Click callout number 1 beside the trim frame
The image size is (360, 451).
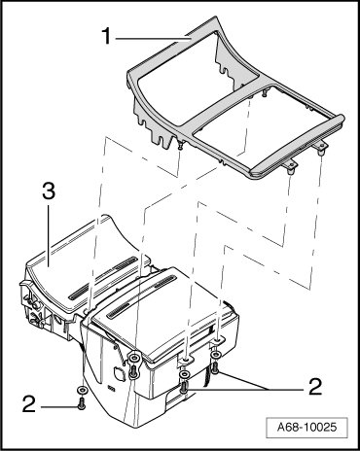coord(107,36)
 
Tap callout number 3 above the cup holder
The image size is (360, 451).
coord(49,191)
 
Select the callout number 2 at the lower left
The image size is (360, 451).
coord(29,404)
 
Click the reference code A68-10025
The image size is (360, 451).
coord(306,427)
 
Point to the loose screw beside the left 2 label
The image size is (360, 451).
coord(81,403)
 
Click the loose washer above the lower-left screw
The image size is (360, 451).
coord(82,390)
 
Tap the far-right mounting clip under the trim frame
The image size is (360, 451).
coord(321,150)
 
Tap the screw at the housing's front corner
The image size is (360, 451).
coord(133,372)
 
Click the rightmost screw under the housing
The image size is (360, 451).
coord(215,367)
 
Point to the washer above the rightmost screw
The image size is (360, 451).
coord(215,356)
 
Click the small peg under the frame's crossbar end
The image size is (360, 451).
coord(180,146)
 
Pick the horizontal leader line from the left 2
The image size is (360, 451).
coord(59,406)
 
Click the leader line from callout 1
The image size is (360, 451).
coord(154,39)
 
